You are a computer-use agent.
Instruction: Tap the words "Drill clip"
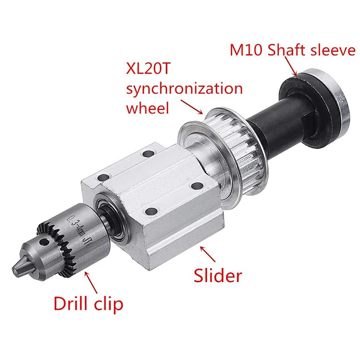click(88, 304)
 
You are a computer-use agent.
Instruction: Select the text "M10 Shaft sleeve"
click(292, 50)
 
